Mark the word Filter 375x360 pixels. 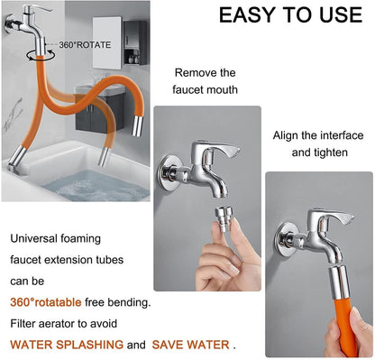point(25,322)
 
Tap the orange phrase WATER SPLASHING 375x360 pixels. point(67,344)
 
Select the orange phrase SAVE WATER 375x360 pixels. point(190,344)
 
